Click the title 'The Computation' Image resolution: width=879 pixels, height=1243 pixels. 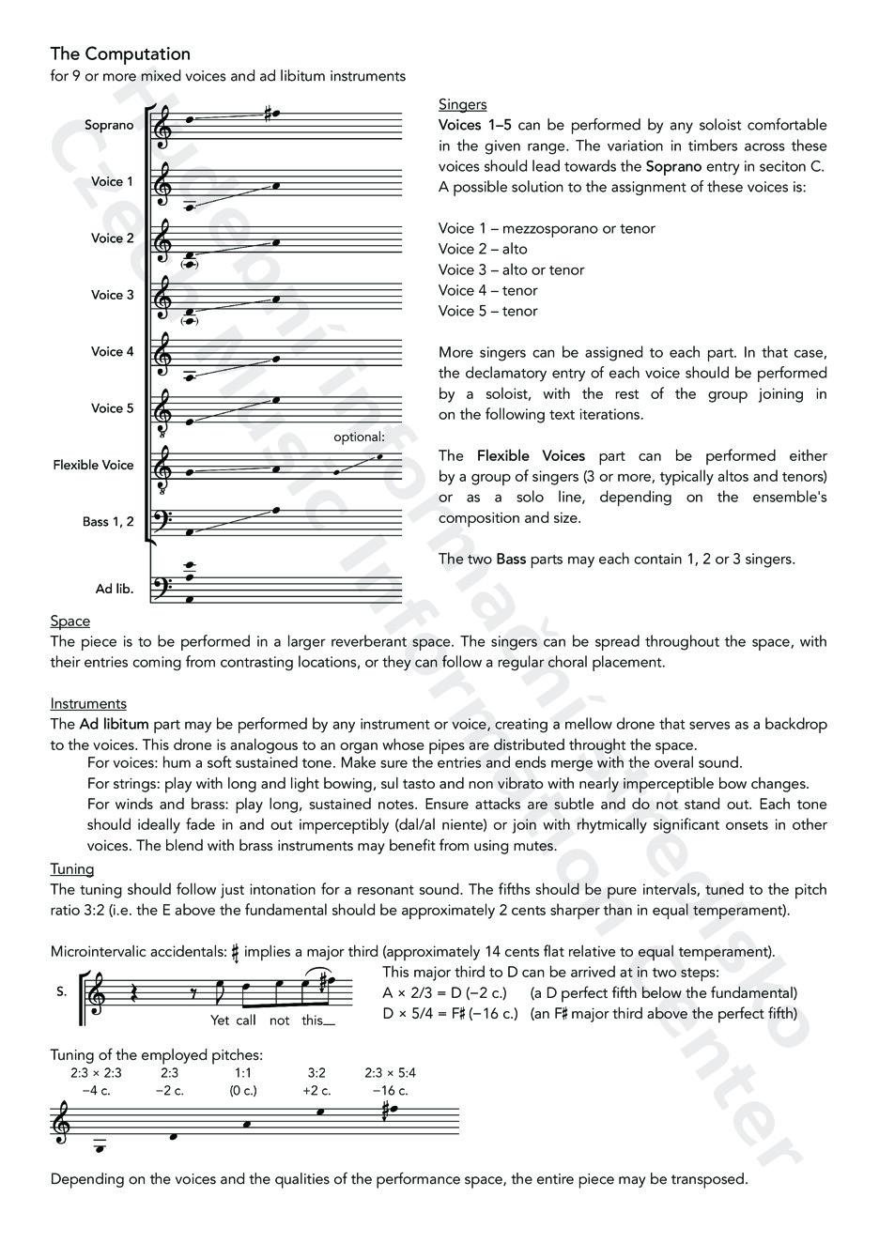coord(120,54)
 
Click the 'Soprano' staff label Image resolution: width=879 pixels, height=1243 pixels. coord(109,126)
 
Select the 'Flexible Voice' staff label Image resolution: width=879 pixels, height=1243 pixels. coord(93,466)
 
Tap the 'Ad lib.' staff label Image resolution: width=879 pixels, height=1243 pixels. coord(115,590)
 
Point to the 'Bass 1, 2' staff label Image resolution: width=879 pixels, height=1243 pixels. coord(108,522)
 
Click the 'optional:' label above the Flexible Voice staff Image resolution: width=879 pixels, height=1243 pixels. coord(359,437)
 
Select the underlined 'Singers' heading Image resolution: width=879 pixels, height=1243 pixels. coord(462,104)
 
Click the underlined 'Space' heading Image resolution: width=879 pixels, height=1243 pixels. coord(70,621)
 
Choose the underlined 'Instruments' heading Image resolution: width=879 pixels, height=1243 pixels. coord(88,704)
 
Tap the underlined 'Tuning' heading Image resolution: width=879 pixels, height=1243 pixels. coord(72,869)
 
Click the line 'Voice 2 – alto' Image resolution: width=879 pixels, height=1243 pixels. coord(483,249)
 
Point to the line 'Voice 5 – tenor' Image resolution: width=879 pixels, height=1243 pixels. coord(487,311)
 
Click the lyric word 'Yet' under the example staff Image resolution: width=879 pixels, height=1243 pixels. coord(220,1020)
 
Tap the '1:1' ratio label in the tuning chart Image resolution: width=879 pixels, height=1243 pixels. coord(243,1072)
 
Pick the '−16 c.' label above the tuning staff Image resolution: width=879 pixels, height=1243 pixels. coord(390,1091)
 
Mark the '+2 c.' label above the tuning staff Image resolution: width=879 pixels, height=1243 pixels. coord(316,1091)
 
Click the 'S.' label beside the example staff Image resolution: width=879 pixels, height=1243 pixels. coord(62,991)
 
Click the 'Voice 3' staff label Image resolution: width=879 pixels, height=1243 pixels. coord(113,296)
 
